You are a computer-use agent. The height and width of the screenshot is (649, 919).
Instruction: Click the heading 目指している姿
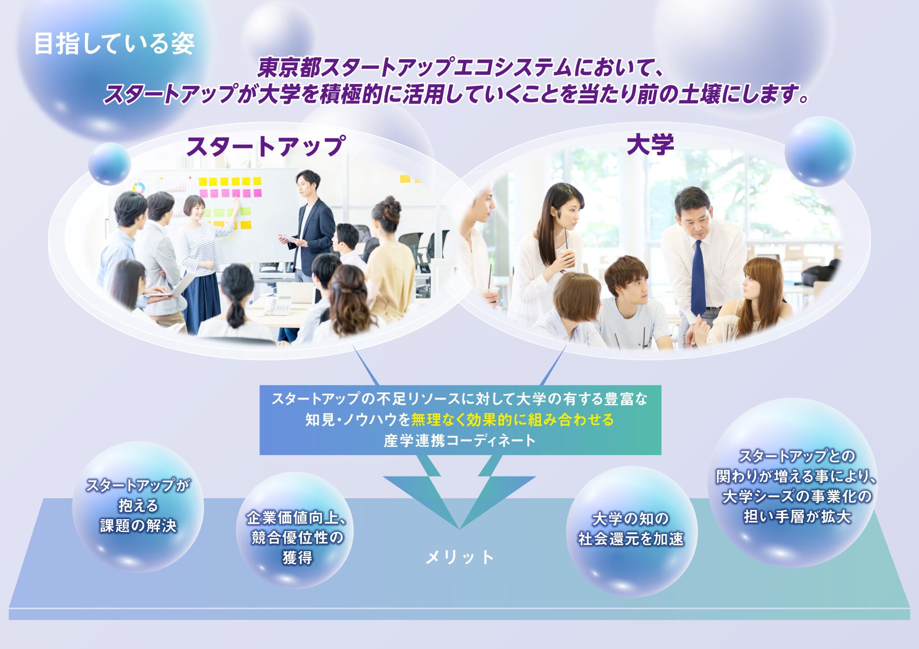click(115, 44)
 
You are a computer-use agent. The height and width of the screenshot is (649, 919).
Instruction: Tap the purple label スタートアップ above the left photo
click(266, 146)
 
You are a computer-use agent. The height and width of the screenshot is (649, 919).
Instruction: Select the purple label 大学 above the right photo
click(650, 145)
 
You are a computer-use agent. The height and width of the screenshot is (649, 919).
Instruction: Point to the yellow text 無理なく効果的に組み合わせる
click(513, 420)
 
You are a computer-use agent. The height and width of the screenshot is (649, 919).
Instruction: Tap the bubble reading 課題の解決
click(138, 507)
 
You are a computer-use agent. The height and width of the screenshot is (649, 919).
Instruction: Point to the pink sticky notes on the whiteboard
click(230, 194)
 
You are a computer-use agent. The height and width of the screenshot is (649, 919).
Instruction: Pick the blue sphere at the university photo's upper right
click(820, 152)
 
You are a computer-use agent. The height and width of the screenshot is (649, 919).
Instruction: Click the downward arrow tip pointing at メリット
click(459, 528)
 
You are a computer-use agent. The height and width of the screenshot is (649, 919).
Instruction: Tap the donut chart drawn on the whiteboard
click(139, 188)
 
